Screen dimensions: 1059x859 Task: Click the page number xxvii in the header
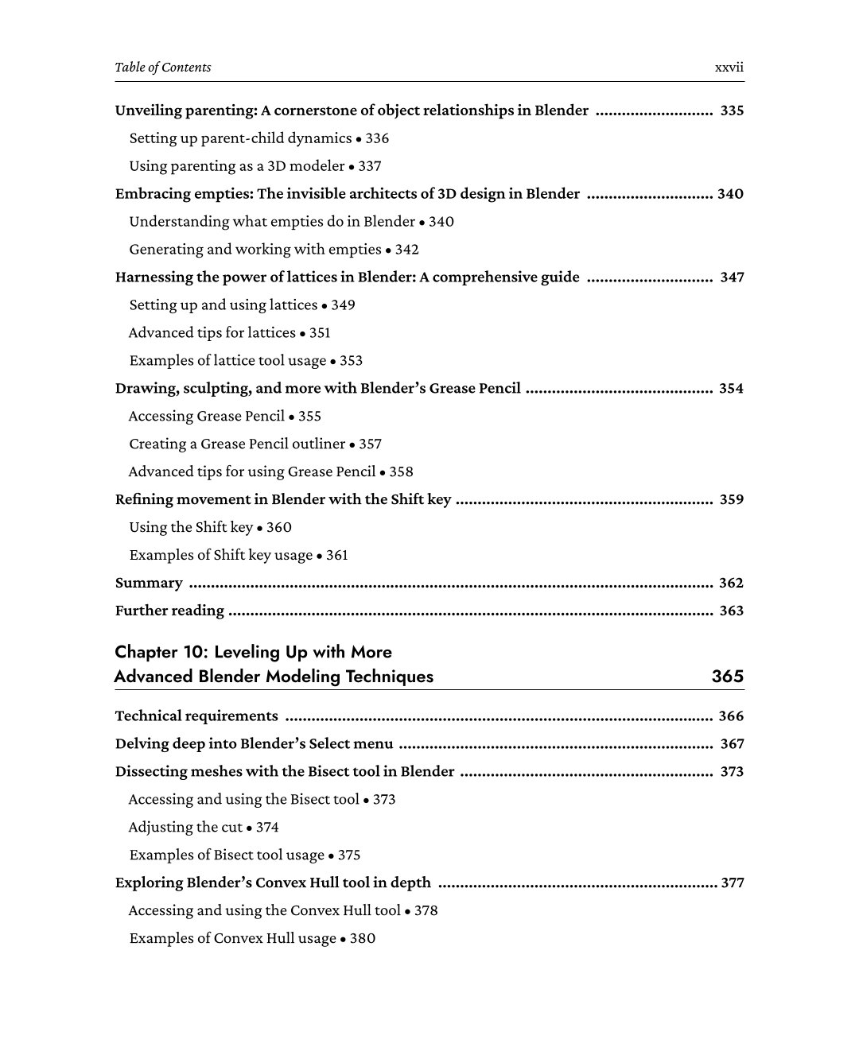pos(729,68)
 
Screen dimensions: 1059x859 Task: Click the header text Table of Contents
pos(163,68)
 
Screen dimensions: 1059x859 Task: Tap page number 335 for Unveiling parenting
pos(732,111)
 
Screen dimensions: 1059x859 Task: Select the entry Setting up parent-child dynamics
pos(240,138)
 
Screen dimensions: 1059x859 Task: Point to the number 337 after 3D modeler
pos(370,166)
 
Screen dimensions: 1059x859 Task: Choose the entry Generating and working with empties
pos(255,250)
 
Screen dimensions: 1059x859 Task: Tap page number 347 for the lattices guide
pos(732,277)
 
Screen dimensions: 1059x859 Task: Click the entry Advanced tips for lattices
pos(212,333)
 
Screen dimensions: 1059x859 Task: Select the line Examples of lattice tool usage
pos(227,361)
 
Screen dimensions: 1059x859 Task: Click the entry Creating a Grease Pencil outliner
pos(237,444)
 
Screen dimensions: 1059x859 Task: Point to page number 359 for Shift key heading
pos(732,500)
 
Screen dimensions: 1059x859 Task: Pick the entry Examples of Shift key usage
pos(220,556)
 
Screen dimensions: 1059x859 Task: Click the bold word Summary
pos(149,584)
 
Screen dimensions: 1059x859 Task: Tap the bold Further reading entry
pos(169,611)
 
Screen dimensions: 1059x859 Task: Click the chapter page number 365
pos(728,677)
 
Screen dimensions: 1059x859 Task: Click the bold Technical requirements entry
pos(196,716)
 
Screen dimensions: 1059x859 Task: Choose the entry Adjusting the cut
pos(185,828)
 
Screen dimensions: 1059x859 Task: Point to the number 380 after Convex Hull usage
pos(363,939)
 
